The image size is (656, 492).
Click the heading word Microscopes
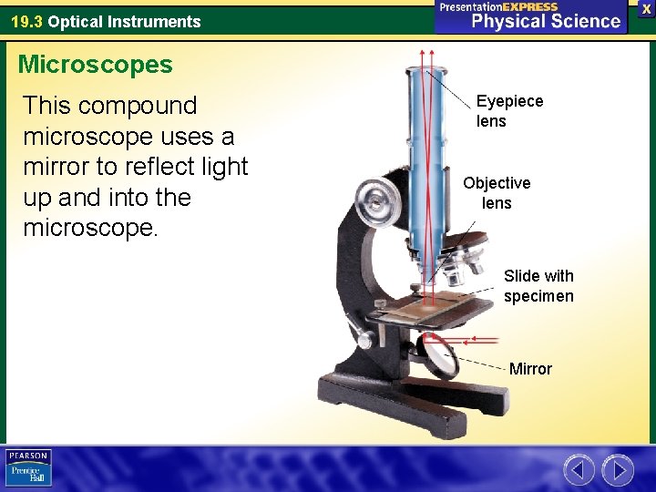95,65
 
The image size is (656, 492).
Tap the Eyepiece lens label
509,111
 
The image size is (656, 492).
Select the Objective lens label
497,193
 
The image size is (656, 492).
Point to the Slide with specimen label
538,285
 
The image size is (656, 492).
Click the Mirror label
530,369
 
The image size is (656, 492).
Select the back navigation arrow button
579,470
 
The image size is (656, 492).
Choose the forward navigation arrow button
618,470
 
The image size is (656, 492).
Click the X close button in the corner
646,7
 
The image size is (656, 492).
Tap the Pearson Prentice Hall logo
28,468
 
